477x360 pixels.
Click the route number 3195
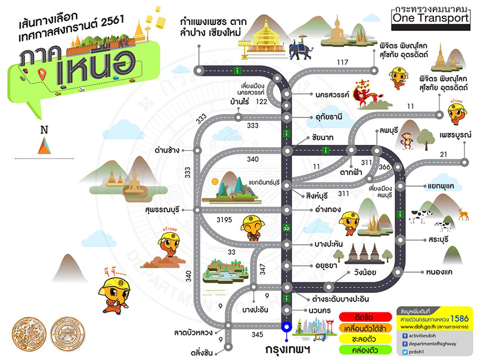tap(224, 220)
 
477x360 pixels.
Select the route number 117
tap(342, 63)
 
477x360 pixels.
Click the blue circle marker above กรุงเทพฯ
tap(286, 326)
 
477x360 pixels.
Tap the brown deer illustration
tap(461, 211)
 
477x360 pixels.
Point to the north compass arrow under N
tap(44, 146)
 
